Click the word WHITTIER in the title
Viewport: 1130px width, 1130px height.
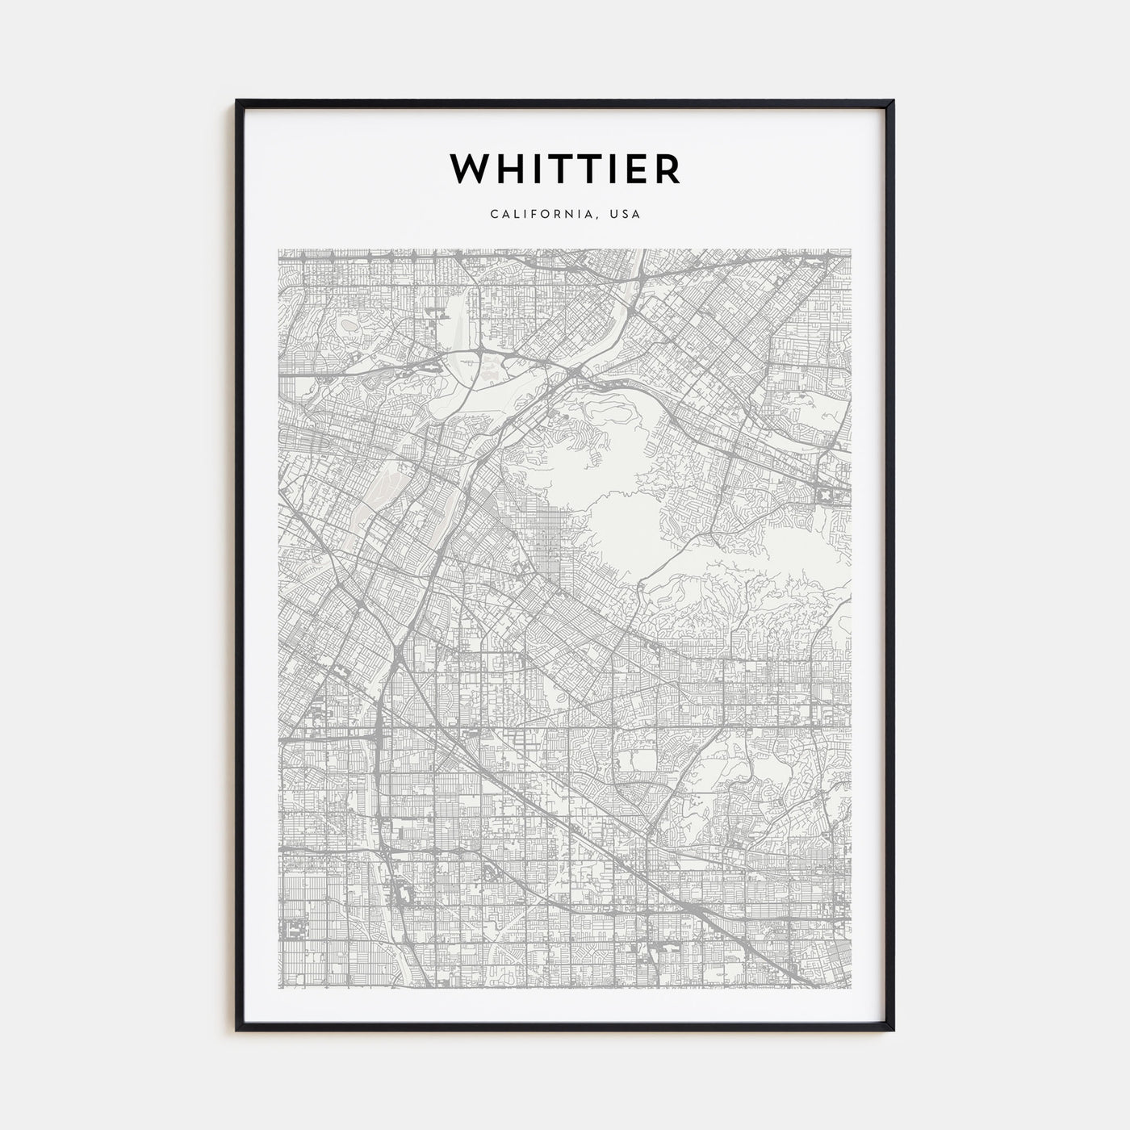click(565, 169)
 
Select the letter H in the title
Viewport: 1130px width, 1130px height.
click(508, 169)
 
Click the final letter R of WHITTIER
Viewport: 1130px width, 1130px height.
click(668, 169)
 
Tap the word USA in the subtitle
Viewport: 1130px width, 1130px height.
click(626, 215)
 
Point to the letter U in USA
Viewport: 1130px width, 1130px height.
click(615, 215)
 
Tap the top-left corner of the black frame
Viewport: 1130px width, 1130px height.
click(237, 102)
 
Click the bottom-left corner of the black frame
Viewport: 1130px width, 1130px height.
click(237, 1030)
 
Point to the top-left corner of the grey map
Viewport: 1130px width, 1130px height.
click(278, 249)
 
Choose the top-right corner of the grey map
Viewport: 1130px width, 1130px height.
click(852, 249)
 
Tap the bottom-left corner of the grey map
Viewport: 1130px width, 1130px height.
click(278, 987)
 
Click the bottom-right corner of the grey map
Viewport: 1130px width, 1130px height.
click(852, 987)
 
